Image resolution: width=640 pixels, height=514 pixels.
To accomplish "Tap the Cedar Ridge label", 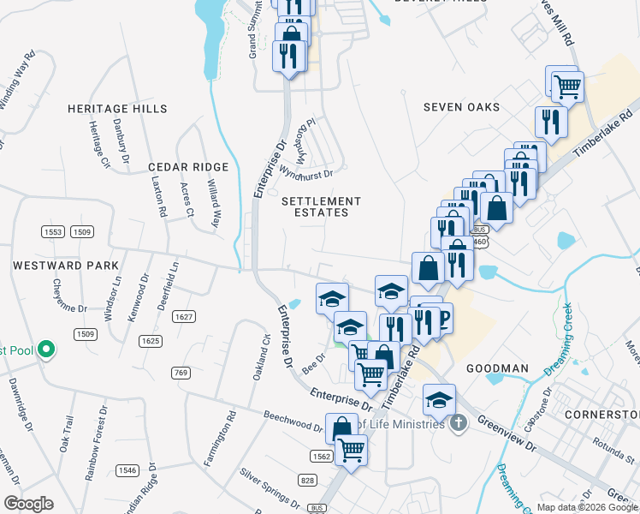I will (x=188, y=167).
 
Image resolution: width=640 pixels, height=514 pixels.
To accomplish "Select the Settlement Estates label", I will (x=322, y=206).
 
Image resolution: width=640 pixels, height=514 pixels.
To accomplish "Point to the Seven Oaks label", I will (x=461, y=107).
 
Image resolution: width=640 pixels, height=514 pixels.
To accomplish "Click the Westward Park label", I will (x=66, y=266).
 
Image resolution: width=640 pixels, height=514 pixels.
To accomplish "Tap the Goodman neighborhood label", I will (x=497, y=368).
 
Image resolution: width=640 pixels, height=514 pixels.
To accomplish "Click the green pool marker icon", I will (x=47, y=350).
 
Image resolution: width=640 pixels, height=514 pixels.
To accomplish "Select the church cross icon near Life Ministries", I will (x=459, y=422).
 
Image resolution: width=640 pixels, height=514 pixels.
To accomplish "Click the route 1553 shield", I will (x=53, y=232).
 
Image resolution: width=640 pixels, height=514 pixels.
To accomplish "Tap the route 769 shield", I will (x=180, y=372).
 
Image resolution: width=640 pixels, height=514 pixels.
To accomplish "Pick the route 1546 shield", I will (x=127, y=469).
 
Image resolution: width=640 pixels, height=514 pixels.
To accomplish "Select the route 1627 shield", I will (x=184, y=317).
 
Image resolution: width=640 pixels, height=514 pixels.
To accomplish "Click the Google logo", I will (x=28, y=504).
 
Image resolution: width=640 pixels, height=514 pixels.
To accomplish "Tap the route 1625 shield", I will (x=150, y=341).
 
